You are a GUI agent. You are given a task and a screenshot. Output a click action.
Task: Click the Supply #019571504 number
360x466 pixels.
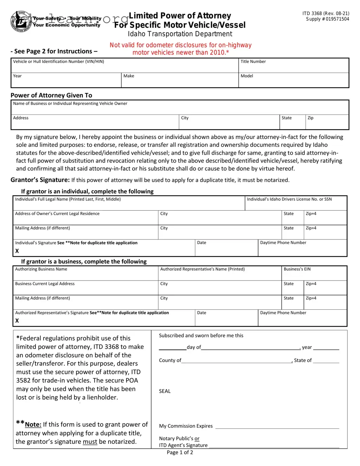coord(327,19)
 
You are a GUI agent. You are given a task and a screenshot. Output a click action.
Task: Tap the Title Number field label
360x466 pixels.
coord(253,61)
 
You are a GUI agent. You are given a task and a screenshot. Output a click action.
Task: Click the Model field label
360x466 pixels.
coord(247,76)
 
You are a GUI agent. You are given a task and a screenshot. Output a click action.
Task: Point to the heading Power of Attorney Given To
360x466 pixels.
coord(51,95)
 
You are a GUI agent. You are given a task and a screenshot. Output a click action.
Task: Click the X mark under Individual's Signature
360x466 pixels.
coord(17,251)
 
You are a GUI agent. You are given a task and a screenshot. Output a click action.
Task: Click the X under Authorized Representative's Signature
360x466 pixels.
coord(17,321)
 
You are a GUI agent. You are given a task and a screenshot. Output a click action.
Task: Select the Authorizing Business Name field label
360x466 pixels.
coord(41,269)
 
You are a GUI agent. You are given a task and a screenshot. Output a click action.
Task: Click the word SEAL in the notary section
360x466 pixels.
coord(165,391)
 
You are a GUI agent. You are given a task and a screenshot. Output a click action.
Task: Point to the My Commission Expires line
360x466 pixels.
coord(277,427)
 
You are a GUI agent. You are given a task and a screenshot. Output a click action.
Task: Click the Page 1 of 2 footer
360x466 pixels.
coord(180,452)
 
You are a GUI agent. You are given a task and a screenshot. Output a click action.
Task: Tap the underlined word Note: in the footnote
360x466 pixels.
coord(33,425)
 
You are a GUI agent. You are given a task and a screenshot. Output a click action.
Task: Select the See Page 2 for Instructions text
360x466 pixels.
coord(54,51)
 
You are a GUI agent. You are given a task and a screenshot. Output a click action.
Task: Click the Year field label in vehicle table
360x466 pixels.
coord(17,76)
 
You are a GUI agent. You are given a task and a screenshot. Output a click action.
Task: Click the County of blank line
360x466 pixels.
coord(236,361)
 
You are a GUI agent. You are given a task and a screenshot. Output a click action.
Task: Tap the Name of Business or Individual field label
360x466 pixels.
coord(70,103)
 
